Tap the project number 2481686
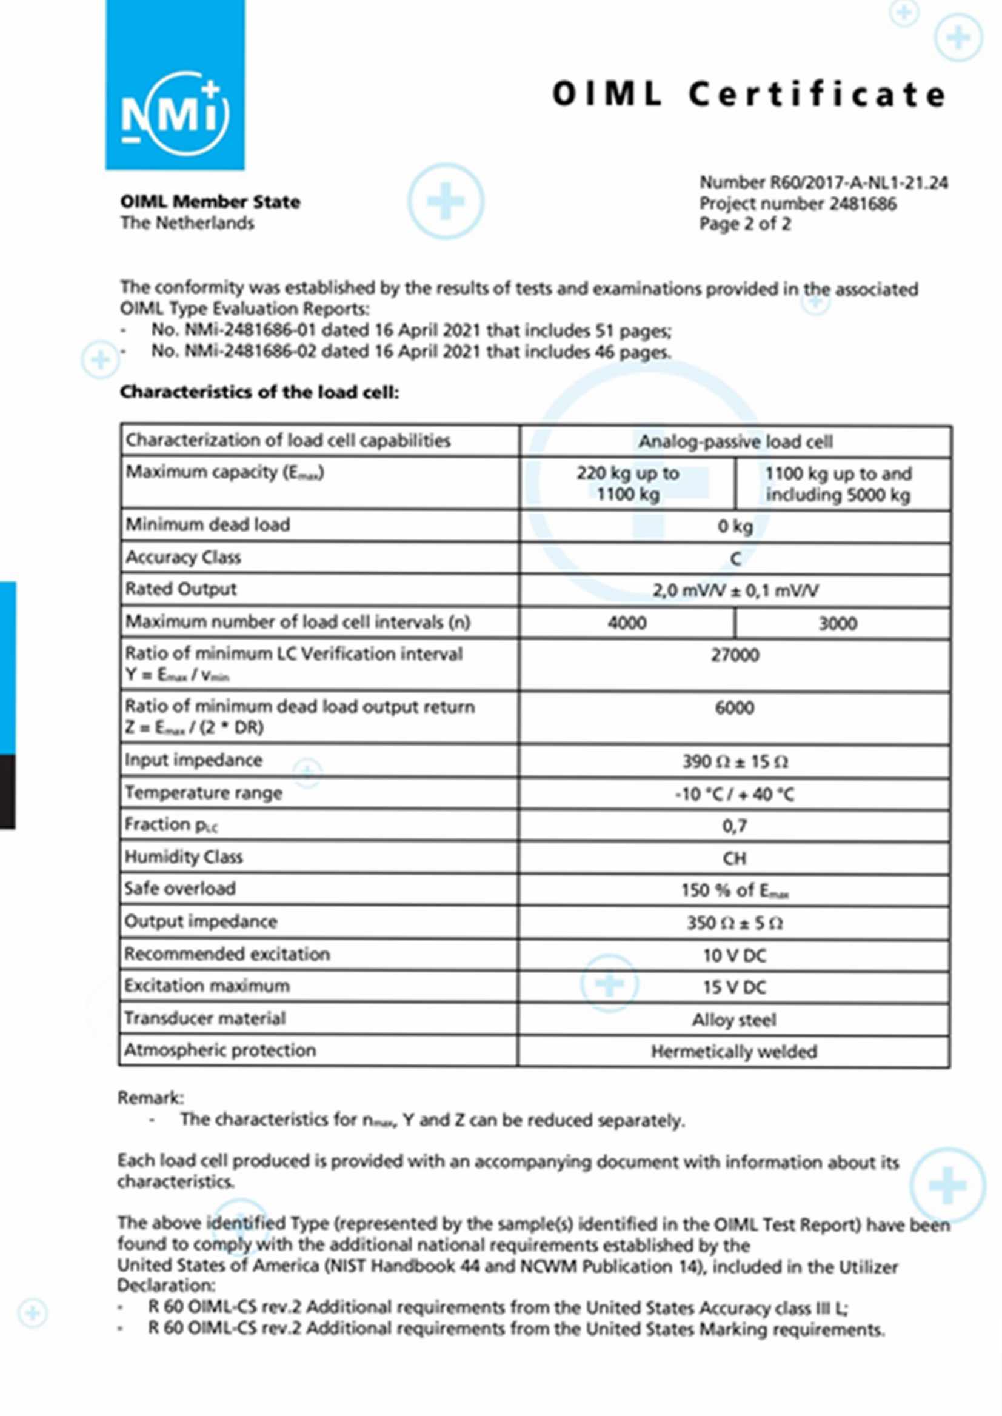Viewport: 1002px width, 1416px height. coord(797,204)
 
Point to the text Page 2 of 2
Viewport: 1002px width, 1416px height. coord(744,224)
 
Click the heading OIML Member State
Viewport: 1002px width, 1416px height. coord(210,202)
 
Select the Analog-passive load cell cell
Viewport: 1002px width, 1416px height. coord(734,442)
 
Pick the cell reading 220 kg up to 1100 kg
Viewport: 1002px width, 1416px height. coord(627,484)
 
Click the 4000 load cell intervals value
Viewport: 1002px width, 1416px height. coord(627,623)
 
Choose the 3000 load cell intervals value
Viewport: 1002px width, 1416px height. coord(837,623)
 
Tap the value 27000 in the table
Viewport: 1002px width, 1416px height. coord(734,655)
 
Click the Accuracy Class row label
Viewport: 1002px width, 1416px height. coord(183,557)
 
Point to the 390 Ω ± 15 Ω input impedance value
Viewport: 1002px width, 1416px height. coord(734,762)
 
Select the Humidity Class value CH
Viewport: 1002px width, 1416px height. coord(734,858)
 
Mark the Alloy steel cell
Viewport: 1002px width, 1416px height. coord(733,1020)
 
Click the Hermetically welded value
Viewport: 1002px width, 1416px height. coord(733,1051)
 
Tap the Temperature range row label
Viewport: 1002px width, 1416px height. coord(204,793)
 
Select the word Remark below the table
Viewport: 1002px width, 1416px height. coord(150,1098)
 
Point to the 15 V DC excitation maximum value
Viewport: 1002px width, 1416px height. coord(734,988)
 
